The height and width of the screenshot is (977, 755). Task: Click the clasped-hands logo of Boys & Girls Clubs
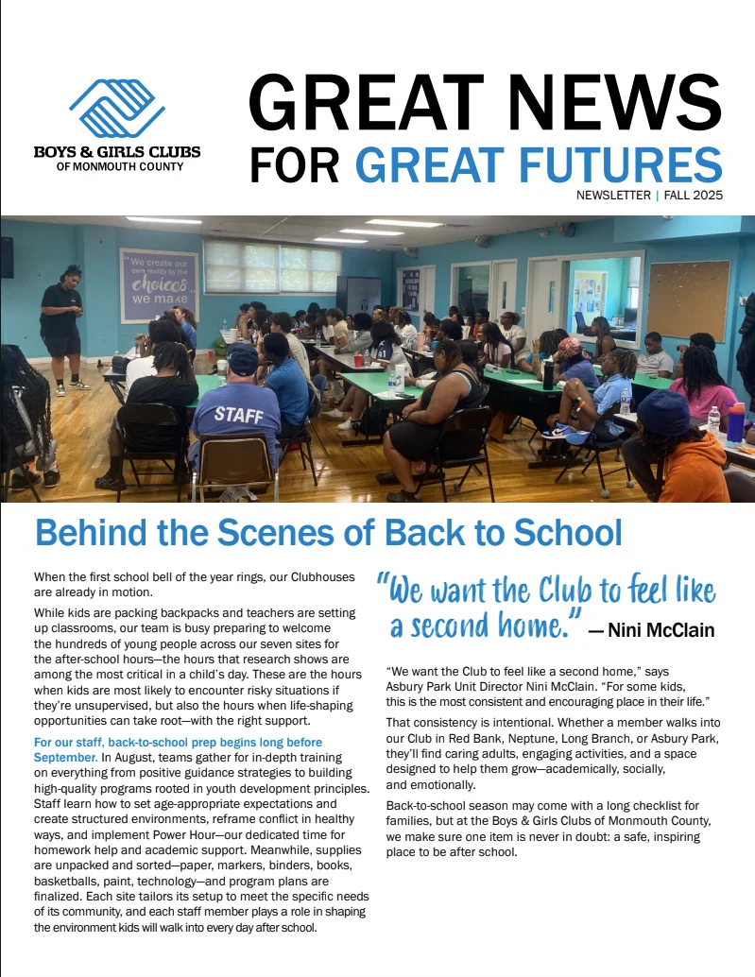pos(117,107)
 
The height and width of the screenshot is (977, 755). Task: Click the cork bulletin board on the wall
pos(688,300)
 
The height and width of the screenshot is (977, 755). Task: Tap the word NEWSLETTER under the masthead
pos(612,196)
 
